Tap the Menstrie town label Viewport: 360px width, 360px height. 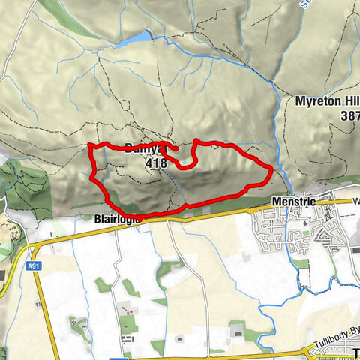coord(293,202)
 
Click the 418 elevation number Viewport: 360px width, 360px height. coord(157,162)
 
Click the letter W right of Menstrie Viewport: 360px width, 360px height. coord(356,202)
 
